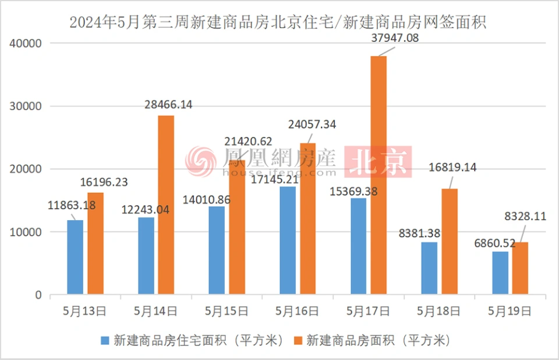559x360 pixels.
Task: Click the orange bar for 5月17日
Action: point(378,175)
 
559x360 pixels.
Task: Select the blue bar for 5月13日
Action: point(75,257)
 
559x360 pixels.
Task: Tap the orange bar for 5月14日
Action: point(165,204)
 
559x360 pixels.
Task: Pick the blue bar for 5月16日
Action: point(288,240)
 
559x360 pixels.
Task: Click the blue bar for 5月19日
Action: point(500,273)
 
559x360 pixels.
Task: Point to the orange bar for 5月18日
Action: point(449,241)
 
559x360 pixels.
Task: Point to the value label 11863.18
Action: point(72,205)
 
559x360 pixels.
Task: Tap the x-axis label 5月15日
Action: point(228,311)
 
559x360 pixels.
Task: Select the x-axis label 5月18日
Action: point(441,311)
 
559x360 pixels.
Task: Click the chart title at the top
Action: point(278,23)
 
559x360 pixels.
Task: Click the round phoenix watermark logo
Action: point(201,161)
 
